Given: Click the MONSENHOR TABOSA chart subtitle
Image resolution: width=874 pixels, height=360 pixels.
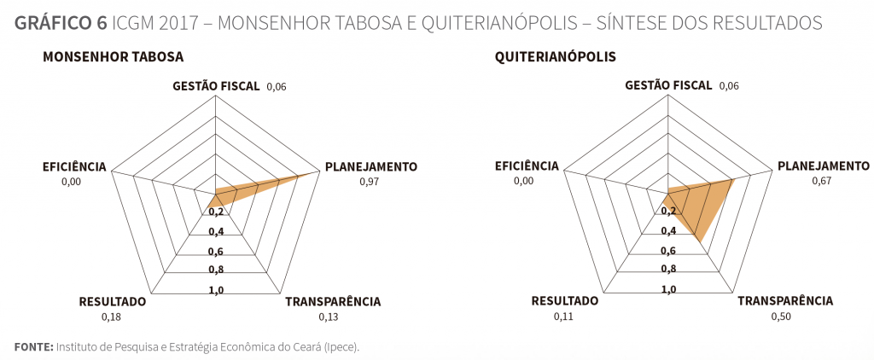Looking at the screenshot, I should [x=113, y=57].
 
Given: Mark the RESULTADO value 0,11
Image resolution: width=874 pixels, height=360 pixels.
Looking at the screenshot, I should [x=564, y=316].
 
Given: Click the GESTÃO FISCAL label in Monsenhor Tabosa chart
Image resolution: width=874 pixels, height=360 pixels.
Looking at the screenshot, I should [x=217, y=85].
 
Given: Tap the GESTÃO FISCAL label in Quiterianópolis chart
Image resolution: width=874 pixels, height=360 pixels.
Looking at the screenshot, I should [x=669, y=85].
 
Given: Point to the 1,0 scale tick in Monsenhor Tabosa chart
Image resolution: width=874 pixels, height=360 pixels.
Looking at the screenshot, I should [x=216, y=289].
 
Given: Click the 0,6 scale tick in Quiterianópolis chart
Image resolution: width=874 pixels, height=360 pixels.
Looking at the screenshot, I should [x=668, y=251].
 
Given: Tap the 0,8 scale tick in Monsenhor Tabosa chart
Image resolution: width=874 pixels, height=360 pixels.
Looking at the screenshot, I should [x=216, y=270].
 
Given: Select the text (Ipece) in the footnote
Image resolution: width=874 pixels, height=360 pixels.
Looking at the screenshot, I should [x=342, y=347].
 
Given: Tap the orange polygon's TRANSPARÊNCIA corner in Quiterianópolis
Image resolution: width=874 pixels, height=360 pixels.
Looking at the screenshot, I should [x=701, y=244].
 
